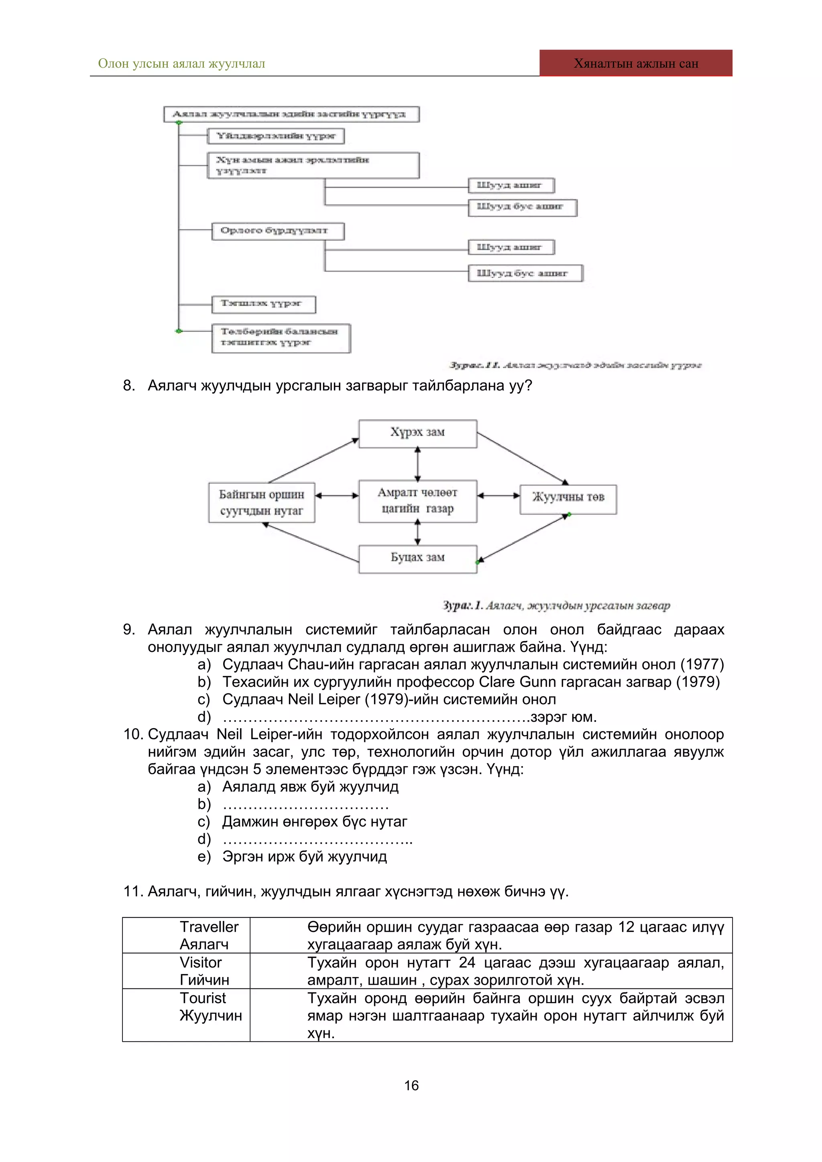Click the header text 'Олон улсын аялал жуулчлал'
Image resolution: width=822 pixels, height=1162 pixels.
point(181,64)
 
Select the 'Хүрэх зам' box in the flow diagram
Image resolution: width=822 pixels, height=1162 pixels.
point(417,433)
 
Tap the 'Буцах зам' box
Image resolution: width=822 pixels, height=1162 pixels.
point(417,558)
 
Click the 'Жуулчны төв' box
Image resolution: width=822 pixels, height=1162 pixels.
point(568,498)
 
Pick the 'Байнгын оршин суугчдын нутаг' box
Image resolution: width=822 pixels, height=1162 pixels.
point(261,502)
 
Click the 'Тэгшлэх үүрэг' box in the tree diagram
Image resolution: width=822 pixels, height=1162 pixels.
point(263,304)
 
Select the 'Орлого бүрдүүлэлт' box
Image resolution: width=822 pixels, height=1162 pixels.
point(277,231)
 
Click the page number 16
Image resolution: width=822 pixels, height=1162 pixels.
point(411,1085)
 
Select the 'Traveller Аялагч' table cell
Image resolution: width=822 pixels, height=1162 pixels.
point(209,935)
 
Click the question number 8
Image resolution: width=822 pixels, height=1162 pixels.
point(129,386)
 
